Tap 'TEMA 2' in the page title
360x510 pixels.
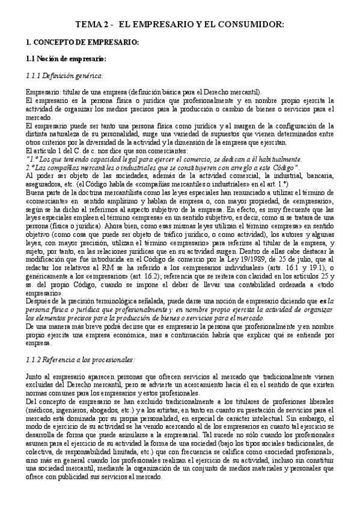pos(91,25)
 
